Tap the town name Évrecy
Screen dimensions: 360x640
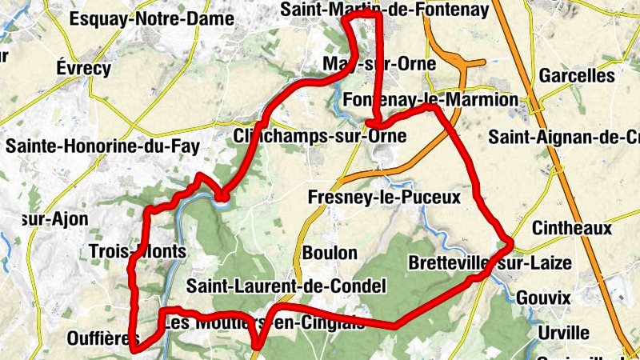click(83, 68)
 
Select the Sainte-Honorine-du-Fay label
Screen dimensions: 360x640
click(102, 146)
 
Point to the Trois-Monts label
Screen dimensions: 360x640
click(138, 251)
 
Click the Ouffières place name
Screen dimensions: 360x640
click(98, 338)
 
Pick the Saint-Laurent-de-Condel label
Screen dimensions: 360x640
click(286, 286)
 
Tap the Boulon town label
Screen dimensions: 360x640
click(330, 253)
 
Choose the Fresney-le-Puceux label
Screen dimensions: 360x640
click(385, 196)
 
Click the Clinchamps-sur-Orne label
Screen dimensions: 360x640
click(320, 136)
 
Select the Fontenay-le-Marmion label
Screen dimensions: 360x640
click(430, 100)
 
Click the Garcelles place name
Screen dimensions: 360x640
click(576, 76)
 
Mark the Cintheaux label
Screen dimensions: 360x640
click(571, 228)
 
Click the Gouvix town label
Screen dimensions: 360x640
click(543, 298)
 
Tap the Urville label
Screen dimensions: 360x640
click(563, 332)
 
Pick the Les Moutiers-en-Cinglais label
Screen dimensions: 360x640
click(263, 323)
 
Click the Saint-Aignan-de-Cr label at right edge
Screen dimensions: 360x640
click(565, 136)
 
